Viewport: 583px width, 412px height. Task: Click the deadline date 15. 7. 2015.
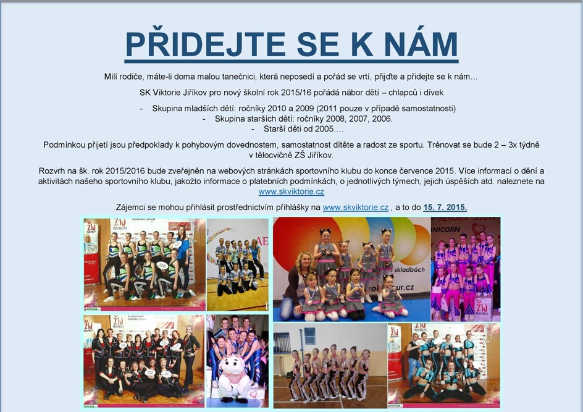pos(445,208)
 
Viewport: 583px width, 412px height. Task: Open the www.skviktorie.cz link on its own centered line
pos(291,192)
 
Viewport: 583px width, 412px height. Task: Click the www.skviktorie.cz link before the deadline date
pos(356,208)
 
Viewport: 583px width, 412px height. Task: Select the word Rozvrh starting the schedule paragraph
pos(52,171)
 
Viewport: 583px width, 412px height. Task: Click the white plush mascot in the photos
pos(235,379)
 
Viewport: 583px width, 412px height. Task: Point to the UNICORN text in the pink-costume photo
pos(446,230)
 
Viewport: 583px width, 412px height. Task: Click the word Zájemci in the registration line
pos(129,208)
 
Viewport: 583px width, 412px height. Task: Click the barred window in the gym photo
pos(310,336)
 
